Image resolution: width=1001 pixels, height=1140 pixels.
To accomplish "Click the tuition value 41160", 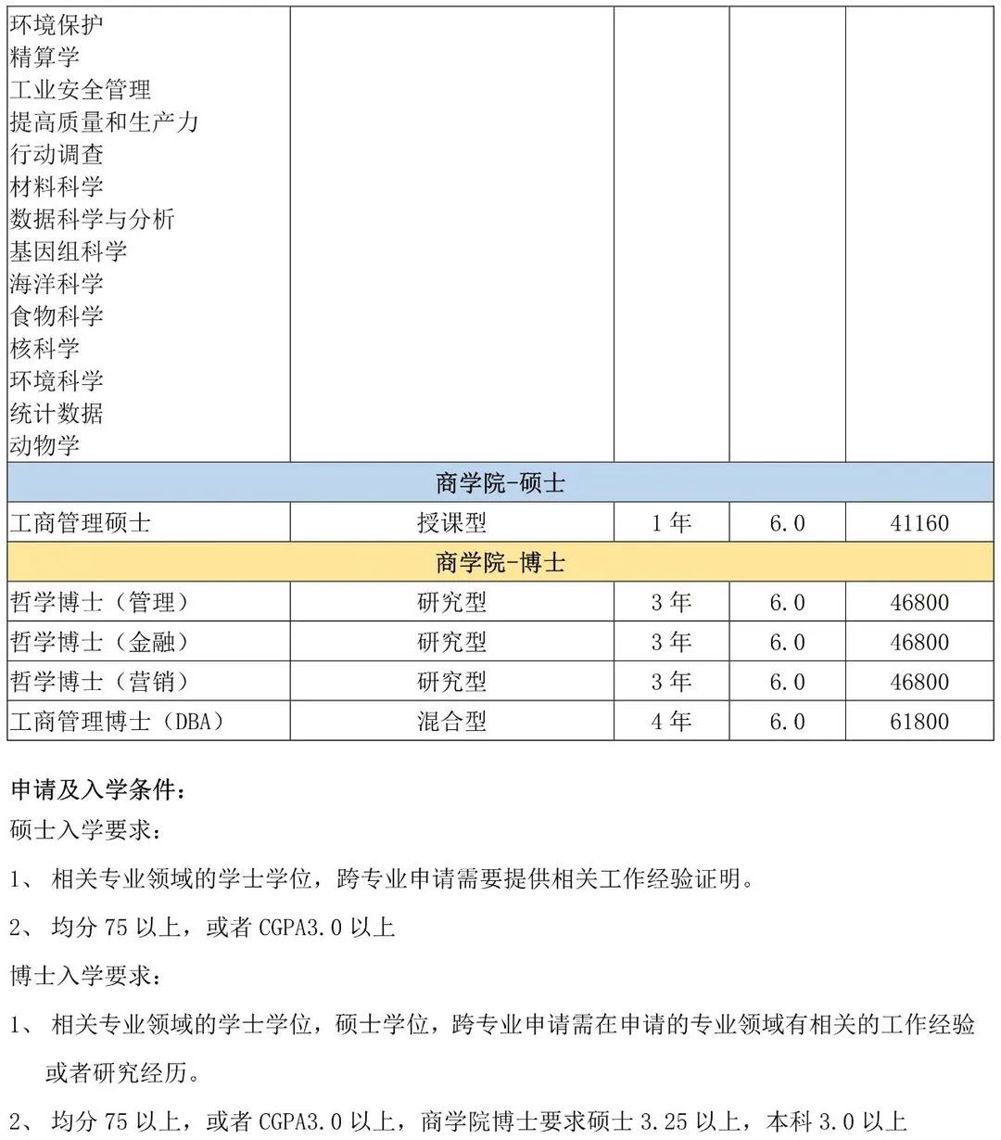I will (919, 523).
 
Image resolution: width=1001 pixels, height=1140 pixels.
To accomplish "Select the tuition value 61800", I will (919, 722).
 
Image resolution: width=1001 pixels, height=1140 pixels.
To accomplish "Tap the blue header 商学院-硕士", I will (500, 483).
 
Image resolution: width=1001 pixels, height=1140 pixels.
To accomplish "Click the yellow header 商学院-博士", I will (500, 563).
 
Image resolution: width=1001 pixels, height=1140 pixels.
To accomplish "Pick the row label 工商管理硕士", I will (80, 523).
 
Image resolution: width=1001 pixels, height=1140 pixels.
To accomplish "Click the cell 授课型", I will (451, 523).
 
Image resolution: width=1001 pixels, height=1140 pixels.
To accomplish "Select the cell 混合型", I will (451, 722).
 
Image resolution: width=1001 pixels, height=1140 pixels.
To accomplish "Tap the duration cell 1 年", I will (671, 523).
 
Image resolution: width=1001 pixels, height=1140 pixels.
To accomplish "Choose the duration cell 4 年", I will (671, 722).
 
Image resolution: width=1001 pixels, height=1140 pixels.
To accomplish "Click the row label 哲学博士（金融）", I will (99, 642).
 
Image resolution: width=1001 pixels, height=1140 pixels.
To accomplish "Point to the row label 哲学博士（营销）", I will (99, 682).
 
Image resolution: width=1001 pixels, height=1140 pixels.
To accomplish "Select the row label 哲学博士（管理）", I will (99, 603).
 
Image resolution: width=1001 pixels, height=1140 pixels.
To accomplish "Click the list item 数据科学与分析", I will (92, 219).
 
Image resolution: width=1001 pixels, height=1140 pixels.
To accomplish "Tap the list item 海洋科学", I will (57, 284).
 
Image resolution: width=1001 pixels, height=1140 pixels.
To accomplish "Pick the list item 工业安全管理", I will (80, 90).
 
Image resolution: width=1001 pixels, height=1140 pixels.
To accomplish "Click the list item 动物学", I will (44, 445).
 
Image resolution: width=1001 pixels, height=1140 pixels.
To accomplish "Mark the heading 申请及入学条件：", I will (97, 790).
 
